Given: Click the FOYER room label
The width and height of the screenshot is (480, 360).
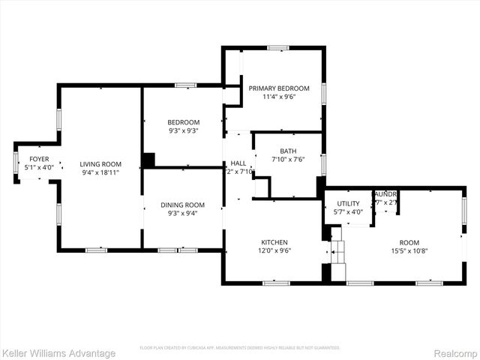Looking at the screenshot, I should [x=39, y=159].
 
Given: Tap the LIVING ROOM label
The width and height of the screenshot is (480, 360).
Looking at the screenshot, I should [x=100, y=163].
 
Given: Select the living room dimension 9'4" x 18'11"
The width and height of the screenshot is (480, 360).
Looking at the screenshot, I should [x=100, y=172].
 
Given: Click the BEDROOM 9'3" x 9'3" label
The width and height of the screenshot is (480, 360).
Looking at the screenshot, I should [x=183, y=122].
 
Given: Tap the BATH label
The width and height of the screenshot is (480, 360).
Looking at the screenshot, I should [x=288, y=150].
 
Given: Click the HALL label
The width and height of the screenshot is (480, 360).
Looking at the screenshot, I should [x=238, y=163].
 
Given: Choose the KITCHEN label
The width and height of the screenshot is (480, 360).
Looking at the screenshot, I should [x=274, y=242].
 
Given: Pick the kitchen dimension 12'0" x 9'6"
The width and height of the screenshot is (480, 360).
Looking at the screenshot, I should [x=274, y=251].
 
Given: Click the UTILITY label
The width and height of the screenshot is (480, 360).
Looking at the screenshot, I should [x=348, y=203].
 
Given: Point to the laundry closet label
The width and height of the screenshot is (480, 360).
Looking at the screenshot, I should [x=385, y=193].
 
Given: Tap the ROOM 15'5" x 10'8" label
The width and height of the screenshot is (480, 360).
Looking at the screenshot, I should [x=409, y=242].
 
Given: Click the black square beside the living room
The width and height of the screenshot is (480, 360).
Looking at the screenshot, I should [x=148, y=160].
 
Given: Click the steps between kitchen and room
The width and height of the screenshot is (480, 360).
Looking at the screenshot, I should [x=337, y=255].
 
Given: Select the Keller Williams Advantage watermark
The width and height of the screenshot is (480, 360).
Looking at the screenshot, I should [x=58, y=353].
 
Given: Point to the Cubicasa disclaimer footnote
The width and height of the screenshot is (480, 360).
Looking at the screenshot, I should [x=240, y=348].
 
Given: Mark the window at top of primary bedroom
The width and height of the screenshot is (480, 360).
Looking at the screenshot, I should [x=278, y=48].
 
